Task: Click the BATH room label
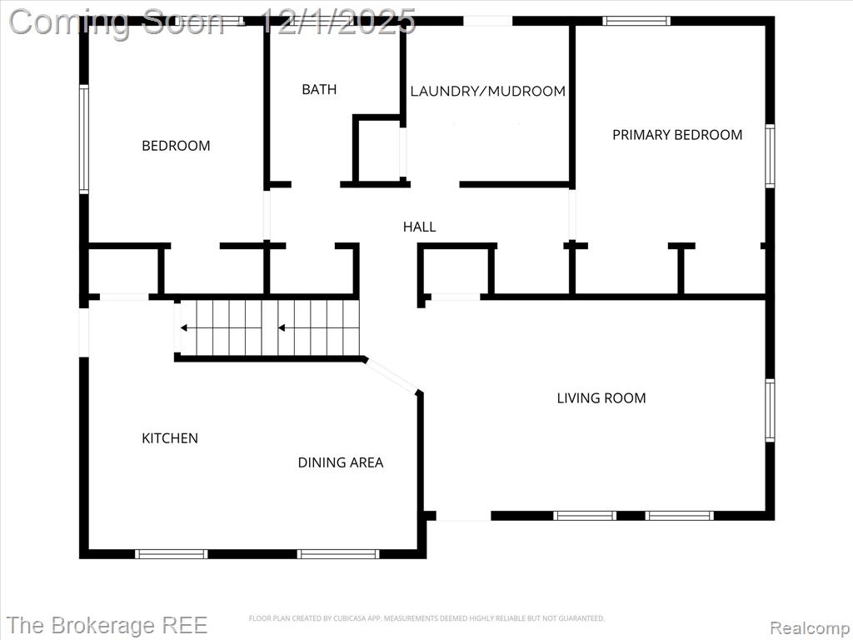[319, 89]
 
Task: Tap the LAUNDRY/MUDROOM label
[487, 91]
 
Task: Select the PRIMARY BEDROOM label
[677, 134]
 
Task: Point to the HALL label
[419, 227]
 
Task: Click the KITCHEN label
[170, 438]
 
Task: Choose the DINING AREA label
[341, 462]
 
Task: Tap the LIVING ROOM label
[601, 397]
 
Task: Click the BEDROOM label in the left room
[176, 145]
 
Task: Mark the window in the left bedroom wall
[84, 139]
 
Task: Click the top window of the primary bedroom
[636, 21]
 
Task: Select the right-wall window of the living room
[770, 410]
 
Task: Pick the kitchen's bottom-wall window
[172, 554]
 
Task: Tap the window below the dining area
[338, 554]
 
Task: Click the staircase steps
[270, 327]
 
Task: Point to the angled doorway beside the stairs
[392, 375]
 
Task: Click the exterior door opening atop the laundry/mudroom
[488, 21]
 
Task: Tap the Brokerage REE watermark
[107, 625]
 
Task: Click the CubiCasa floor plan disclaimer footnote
[426, 618]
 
